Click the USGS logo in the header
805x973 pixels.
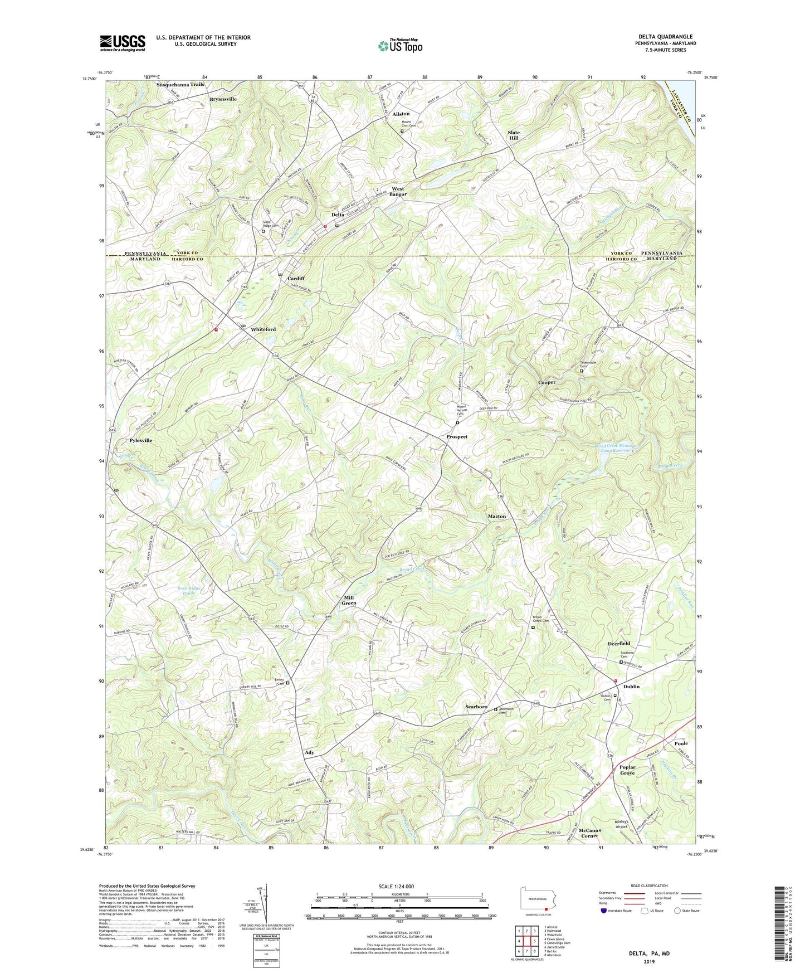[x=123, y=43]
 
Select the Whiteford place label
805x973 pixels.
[x=263, y=329]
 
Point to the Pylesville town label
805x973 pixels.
[x=140, y=440]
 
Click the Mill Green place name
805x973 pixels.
[x=349, y=600]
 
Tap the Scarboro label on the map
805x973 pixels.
[x=476, y=707]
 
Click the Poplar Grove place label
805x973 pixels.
[x=627, y=770]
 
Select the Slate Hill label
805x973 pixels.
[x=513, y=135]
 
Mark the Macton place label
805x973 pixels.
[x=497, y=516]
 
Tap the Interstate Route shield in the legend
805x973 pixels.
[x=604, y=911]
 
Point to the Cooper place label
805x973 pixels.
[x=547, y=383]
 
